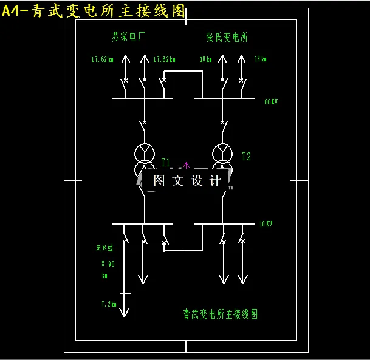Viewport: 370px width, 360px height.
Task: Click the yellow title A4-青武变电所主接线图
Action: [x=94, y=11]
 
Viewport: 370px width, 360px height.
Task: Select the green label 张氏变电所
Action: [x=227, y=37]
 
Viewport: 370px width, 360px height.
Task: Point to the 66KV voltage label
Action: [x=271, y=101]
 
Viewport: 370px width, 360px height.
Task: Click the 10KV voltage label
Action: [x=266, y=224]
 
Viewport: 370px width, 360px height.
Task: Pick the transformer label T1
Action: [x=166, y=162]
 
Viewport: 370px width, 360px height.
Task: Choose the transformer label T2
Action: [x=246, y=157]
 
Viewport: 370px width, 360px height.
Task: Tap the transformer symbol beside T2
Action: [x=222, y=158]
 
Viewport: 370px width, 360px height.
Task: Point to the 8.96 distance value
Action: [x=108, y=263]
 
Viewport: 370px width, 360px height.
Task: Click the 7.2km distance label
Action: [x=108, y=304]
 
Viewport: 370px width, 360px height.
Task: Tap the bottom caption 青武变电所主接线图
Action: [x=221, y=314]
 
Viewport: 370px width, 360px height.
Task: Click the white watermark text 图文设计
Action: [x=188, y=181]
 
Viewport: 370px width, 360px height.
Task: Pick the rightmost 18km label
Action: [x=260, y=59]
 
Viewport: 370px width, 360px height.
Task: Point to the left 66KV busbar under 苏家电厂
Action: [x=142, y=97]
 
